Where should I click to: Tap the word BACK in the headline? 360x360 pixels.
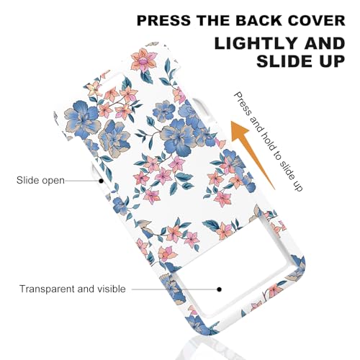coord(259,20)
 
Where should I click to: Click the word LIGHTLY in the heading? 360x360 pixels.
coord(256,43)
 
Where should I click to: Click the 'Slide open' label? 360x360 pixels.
coord(40,180)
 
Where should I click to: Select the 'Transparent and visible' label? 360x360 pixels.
coord(73,289)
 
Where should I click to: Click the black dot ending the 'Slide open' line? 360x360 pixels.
coord(102,181)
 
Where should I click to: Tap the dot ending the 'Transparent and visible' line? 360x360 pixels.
coord(219,289)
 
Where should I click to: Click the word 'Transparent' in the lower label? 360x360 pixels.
coord(48,289)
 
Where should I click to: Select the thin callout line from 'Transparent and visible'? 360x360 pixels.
coord(174,289)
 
